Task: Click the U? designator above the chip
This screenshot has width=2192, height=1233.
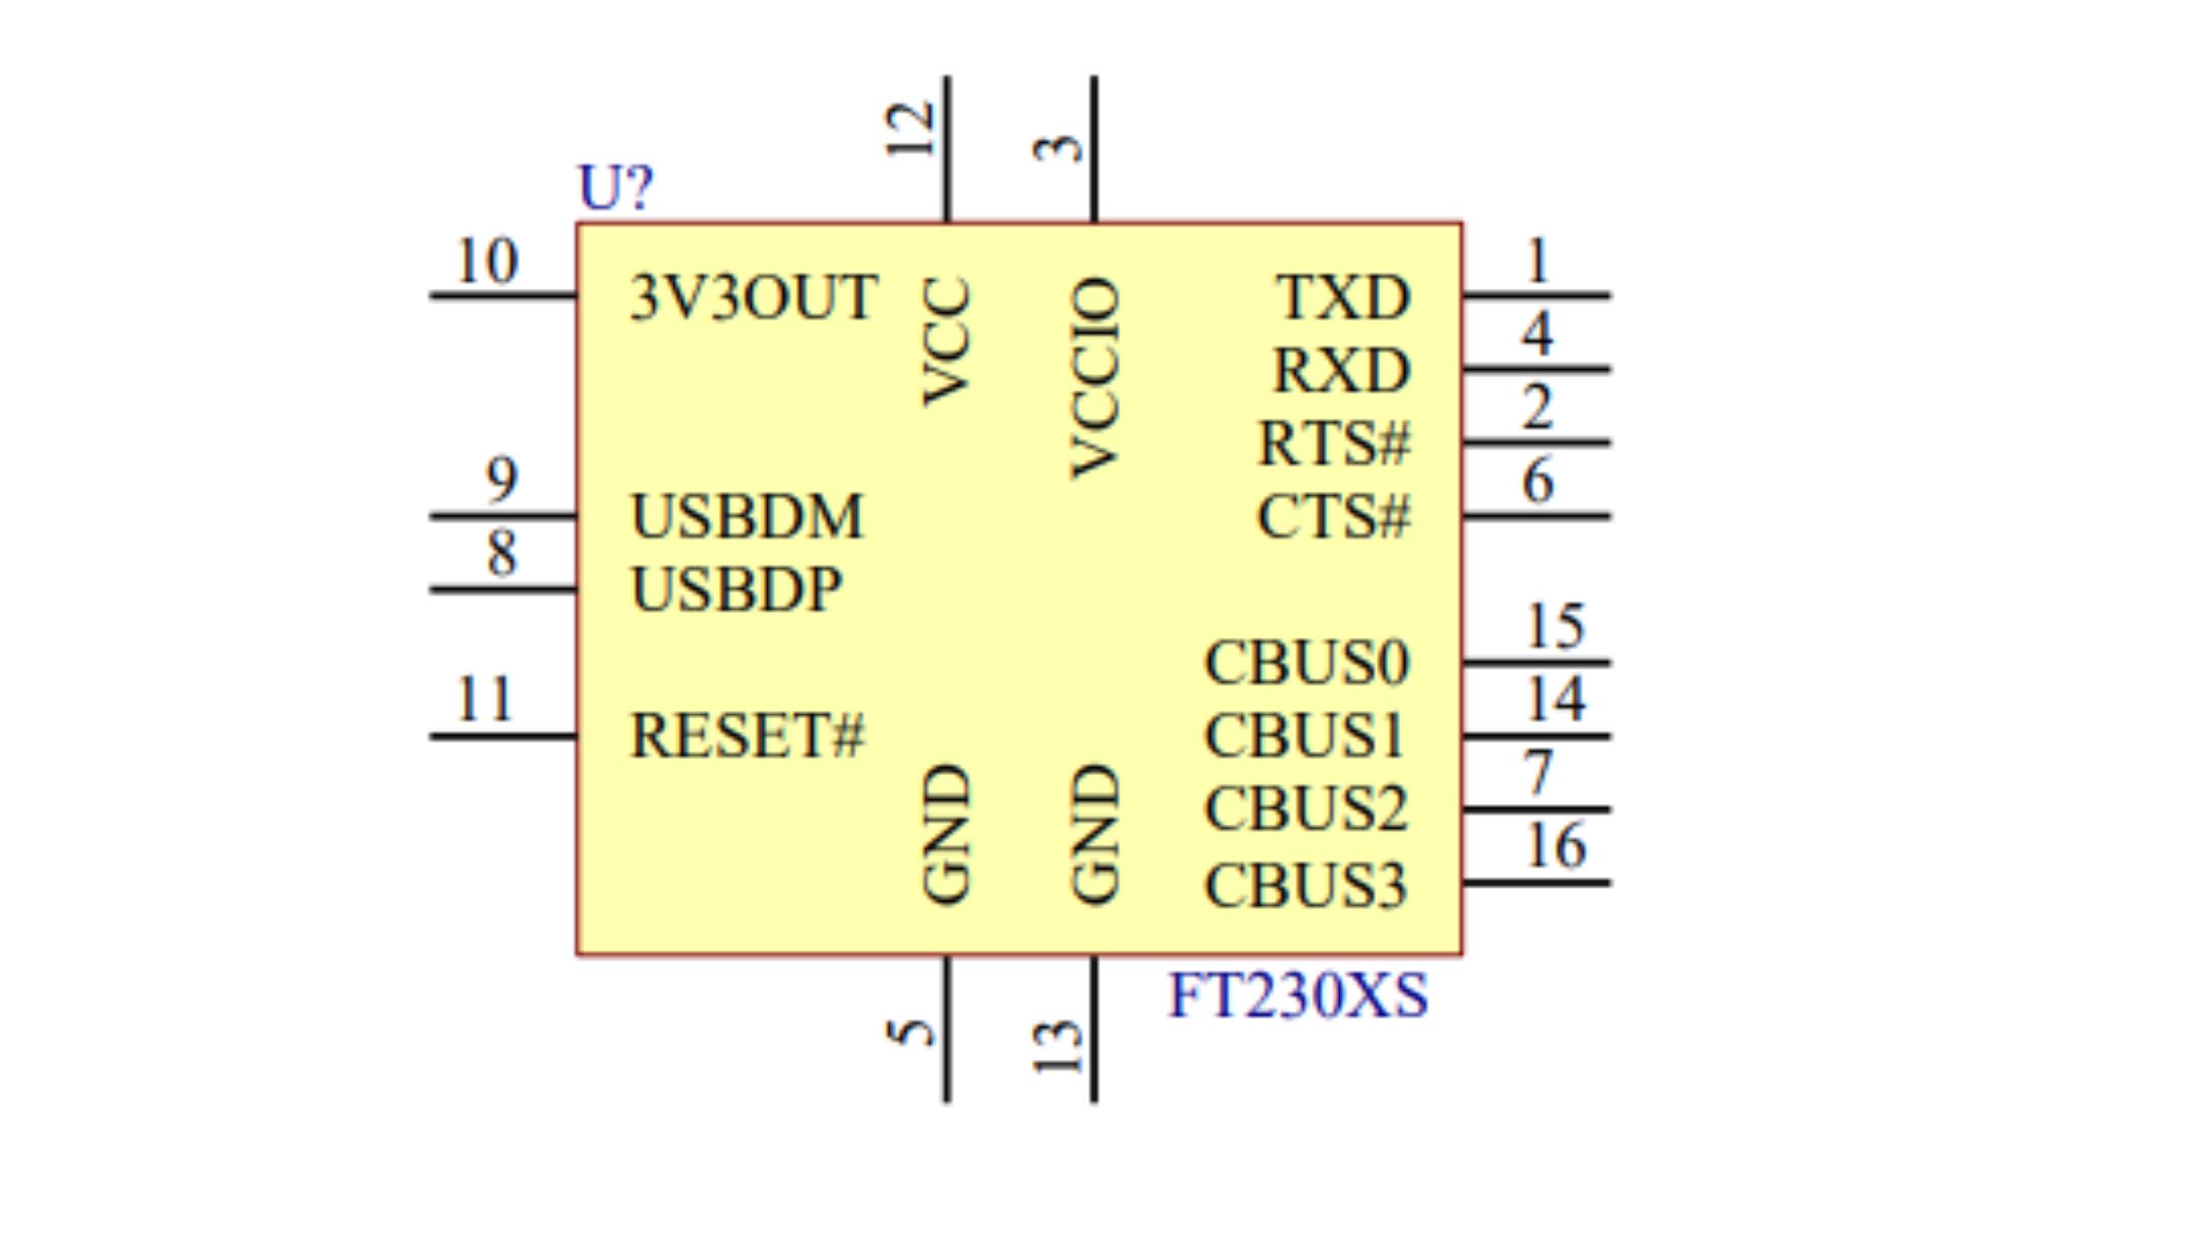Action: (x=615, y=188)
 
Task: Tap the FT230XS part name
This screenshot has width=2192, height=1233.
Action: (x=1297, y=996)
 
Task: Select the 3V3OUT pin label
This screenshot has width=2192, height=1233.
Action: (x=753, y=298)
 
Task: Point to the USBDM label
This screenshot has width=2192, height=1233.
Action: (x=746, y=517)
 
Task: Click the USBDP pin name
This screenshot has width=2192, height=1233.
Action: (x=736, y=590)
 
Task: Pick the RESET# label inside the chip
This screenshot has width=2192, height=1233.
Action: (x=747, y=736)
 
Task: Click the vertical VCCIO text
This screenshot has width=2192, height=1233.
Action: (x=1095, y=377)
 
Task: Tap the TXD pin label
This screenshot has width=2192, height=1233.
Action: (x=1342, y=298)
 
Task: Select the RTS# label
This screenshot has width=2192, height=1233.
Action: (x=1332, y=444)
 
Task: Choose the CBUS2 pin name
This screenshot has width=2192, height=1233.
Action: (x=1305, y=809)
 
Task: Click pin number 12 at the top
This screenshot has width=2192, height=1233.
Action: (x=909, y=130)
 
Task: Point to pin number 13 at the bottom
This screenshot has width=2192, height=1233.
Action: (x=1058, y=1046)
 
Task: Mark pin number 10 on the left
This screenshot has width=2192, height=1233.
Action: (x=486, y=261)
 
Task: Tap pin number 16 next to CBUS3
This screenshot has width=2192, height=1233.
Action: (x=1555, y=846)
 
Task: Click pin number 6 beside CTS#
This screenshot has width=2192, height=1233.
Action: (x=1538, y=480)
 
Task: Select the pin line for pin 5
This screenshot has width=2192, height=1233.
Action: (x=947, y=1027)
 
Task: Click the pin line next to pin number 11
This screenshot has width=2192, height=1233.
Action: (x=503, y=736)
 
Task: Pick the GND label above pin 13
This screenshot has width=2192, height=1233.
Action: (x=1095, y=833)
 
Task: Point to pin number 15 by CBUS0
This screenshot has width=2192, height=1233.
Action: (x=1555, y=627)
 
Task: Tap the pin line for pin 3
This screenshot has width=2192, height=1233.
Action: (x=1094, y=150)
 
